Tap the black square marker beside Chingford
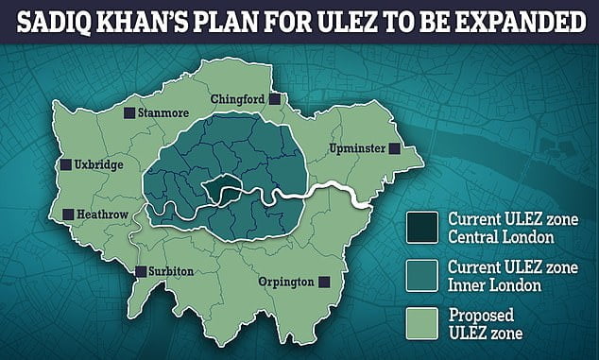coord(275,99)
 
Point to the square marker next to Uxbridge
coord(66,164)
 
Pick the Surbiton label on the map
coord(170,272)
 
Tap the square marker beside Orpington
coord(324,282)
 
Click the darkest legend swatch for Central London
coord(421,226)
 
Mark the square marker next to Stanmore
coord(129,112)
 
